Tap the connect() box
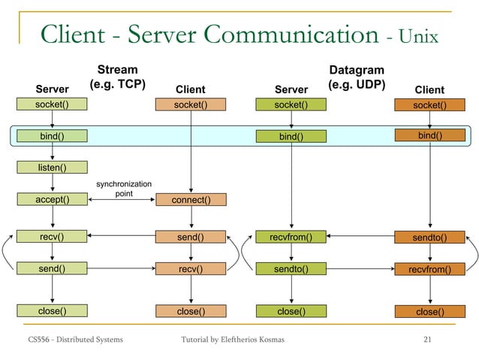pos(191,200)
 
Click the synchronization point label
pos(124,189)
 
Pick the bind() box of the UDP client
pos(429,135)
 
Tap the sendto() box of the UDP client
pos(429,238)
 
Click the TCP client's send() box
pos(191,237)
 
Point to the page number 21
pos(428,342)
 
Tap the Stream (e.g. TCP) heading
pos(117,77)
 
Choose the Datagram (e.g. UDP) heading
pos(357,77)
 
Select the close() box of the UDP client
pos(429,311)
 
